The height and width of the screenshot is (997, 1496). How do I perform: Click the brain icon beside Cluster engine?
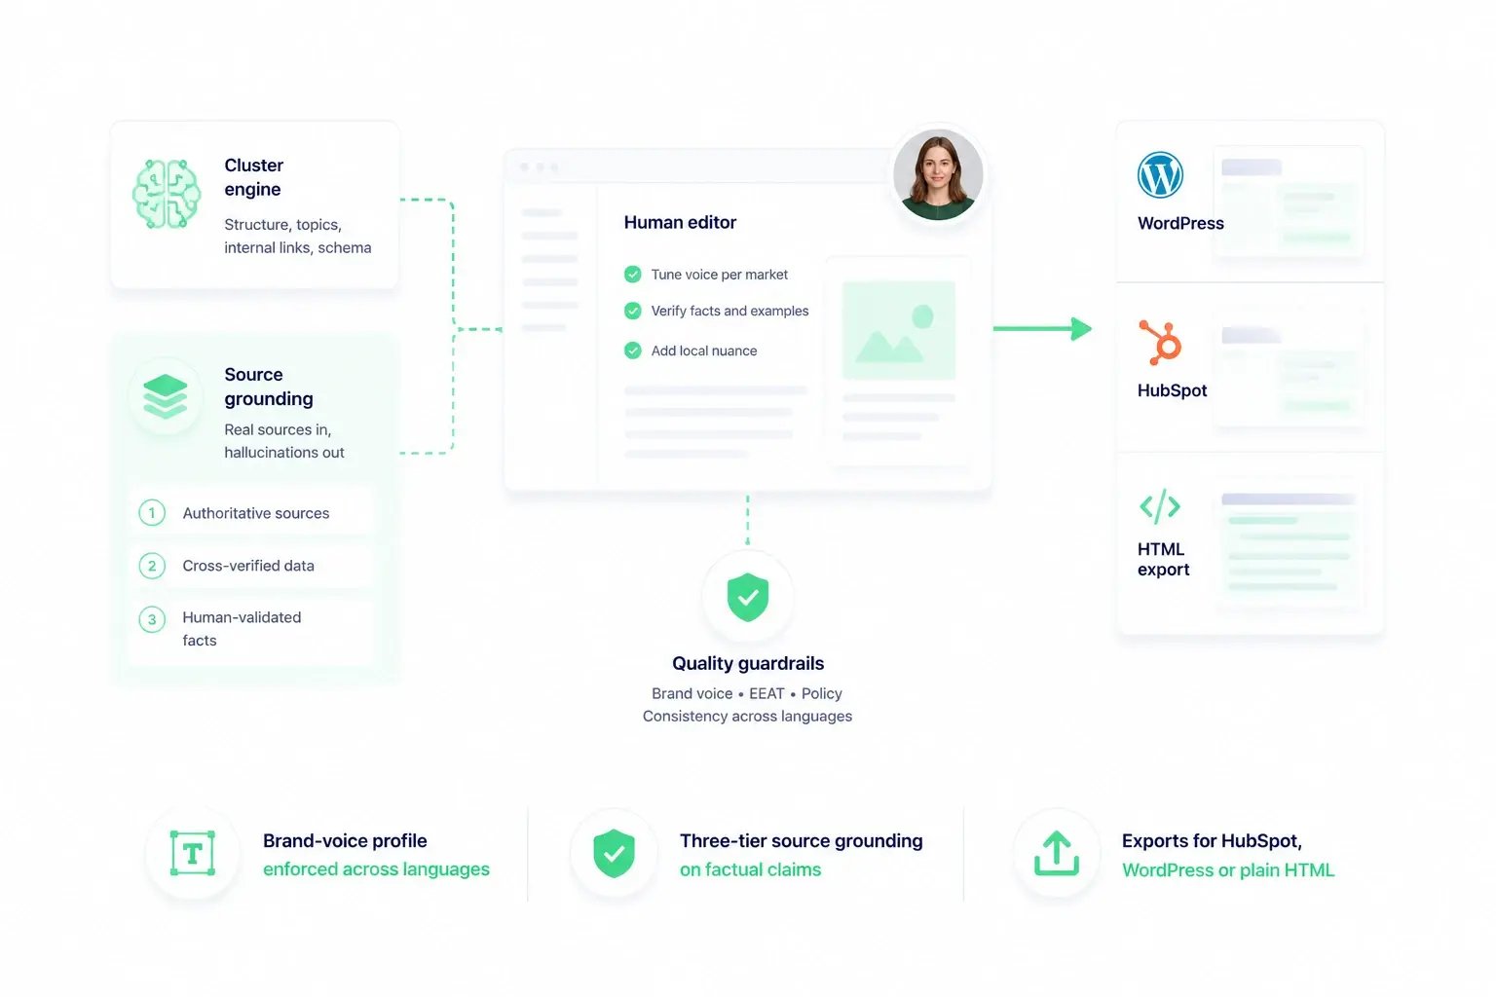[x=167, y=194]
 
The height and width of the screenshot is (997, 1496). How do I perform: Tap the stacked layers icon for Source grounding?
[x=165, y=396]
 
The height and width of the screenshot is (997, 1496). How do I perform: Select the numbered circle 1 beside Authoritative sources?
[x=152, y=513]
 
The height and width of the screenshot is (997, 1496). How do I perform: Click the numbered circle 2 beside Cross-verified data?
[x=152, y=566]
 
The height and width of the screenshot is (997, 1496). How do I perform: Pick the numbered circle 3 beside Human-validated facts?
[x=152, y=619]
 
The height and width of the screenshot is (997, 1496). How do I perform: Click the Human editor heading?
[x=680, y=222]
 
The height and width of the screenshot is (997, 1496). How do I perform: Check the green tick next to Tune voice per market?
[x=632, y=275]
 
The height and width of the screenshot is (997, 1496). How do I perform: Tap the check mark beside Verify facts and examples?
[x=632, y=312]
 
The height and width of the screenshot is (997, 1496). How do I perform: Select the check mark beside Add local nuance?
[x=632, y=351]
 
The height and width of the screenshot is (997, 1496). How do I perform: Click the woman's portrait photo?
[x=938, y=174]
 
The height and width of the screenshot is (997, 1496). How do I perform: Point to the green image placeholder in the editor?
[x=899, y=331]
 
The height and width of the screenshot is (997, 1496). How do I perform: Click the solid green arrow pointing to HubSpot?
[x=1042, y=328]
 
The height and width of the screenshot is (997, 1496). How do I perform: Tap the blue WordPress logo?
[x=1160, y=175]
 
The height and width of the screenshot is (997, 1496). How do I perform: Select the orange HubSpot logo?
[x=1160, y=343]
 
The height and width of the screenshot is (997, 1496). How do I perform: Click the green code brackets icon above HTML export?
[x=1159, y=505]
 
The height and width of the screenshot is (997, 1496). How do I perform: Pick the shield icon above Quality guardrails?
[x=748, y=597]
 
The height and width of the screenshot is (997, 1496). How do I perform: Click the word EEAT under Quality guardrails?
[x=767, y=694]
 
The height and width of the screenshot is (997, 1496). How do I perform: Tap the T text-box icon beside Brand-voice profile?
[x=192, y=854]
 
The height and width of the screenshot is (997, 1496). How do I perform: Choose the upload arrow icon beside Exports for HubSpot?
[x=1056, y=854]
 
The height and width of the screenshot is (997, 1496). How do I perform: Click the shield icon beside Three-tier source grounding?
[x=614, y=854]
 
